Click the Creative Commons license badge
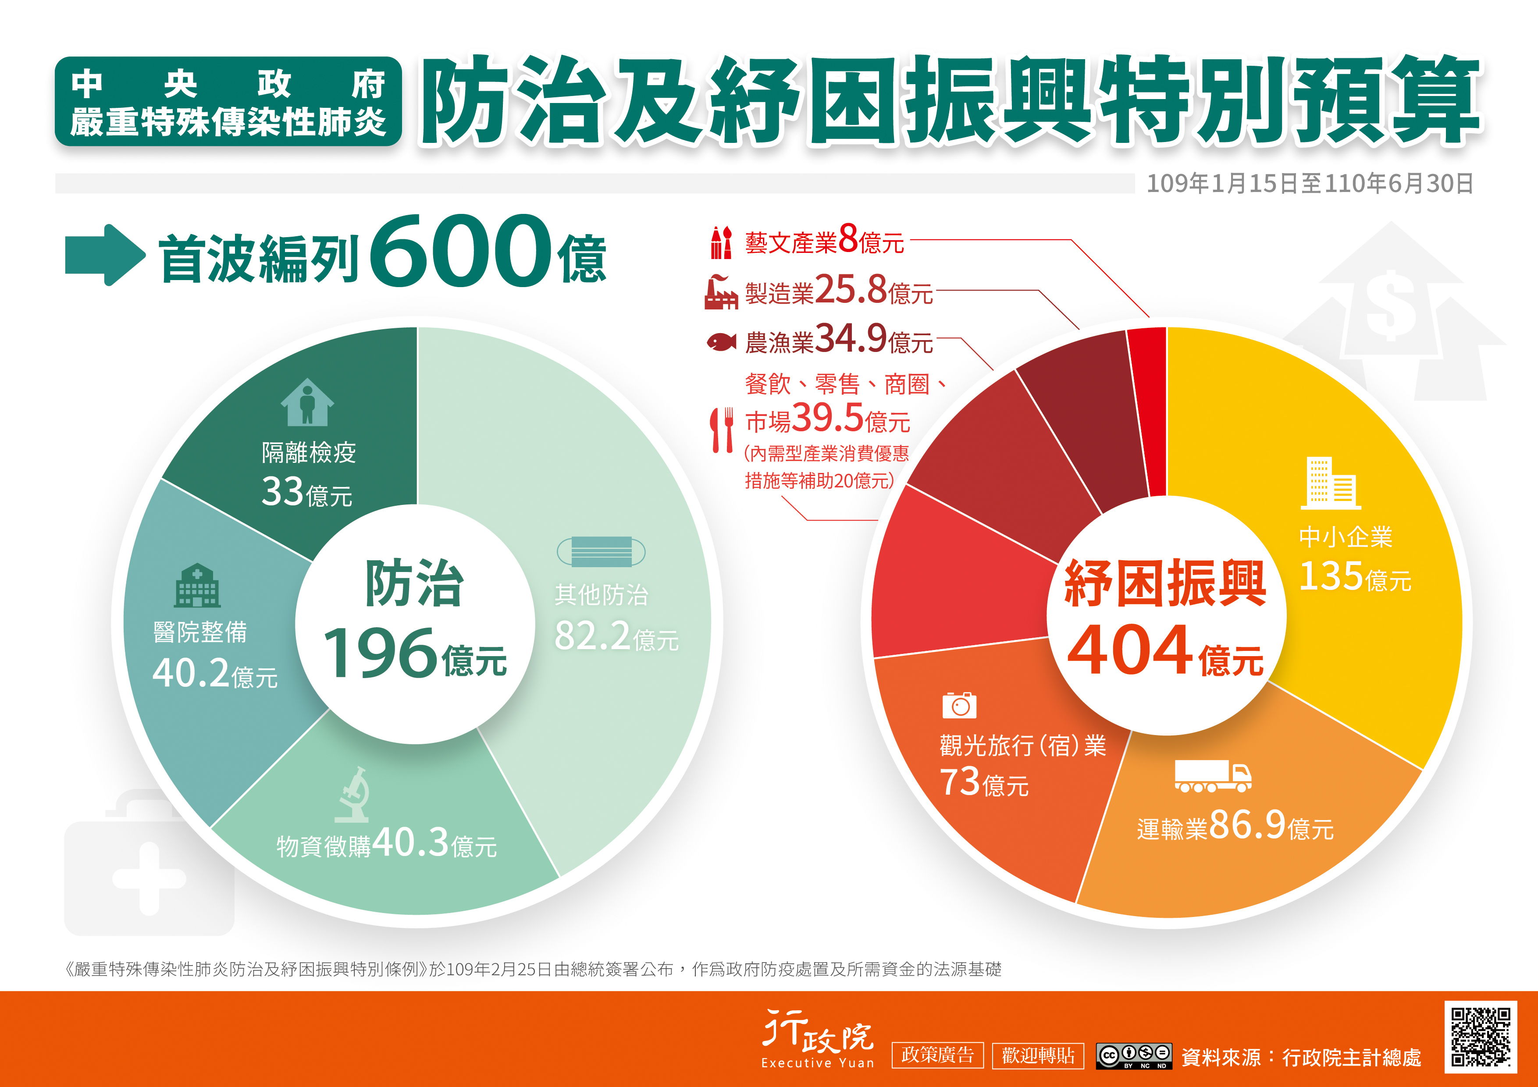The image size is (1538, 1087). (x=1133, y=1055)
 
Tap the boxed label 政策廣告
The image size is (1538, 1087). (x=937, y=1055)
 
